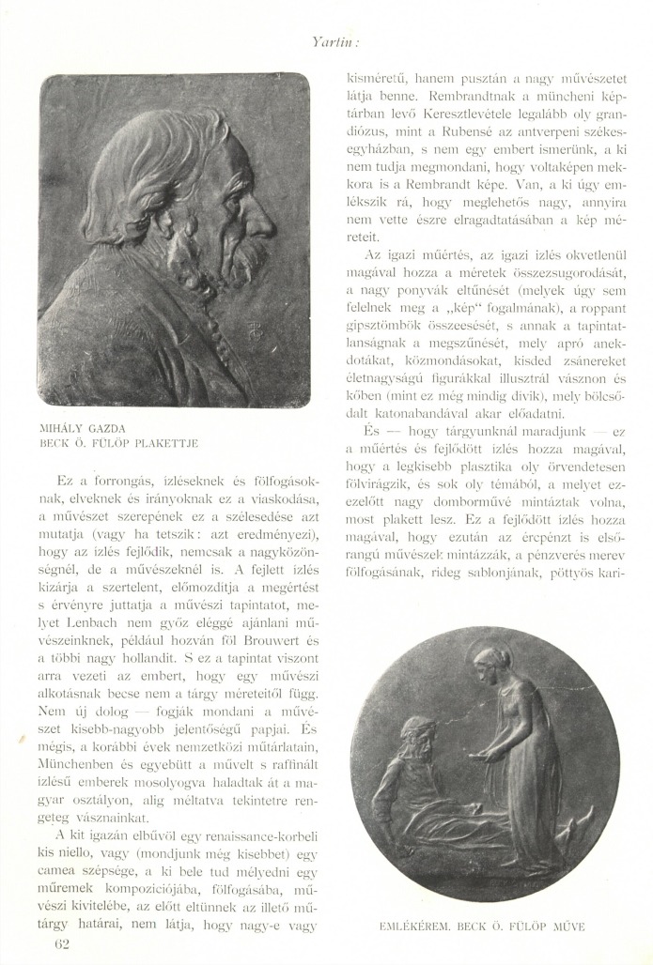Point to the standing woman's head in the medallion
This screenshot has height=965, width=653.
[x=489, y=659]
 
